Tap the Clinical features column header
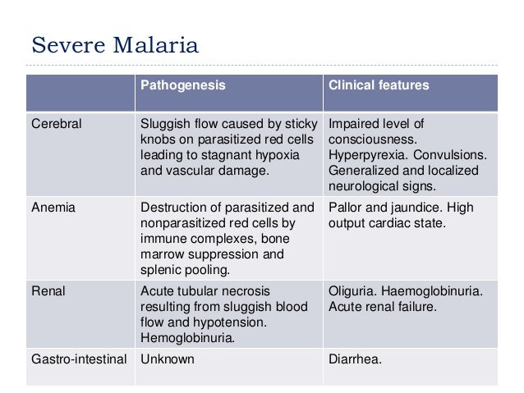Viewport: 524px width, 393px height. click(379, 85)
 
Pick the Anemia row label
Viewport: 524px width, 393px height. click(53, 208)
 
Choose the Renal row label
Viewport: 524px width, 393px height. click(48, 291)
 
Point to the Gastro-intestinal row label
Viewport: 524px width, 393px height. click(79, 359)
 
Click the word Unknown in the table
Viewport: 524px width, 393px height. click(168, 359)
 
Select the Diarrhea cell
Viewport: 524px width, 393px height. click(356, 359)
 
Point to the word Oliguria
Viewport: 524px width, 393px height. click(354, 291)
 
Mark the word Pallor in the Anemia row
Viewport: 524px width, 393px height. click(347, 208)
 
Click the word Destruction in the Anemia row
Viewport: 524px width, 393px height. click(173, 208)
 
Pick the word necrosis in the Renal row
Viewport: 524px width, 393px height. click(245, 291)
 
